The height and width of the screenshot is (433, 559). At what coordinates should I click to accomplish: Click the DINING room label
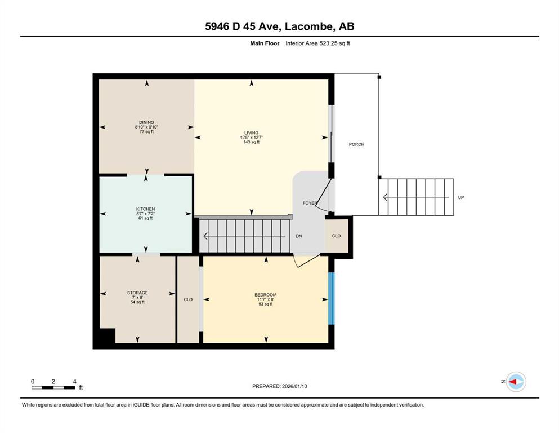[146, 122]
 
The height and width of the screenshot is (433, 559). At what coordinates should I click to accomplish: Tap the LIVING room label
[251, 133]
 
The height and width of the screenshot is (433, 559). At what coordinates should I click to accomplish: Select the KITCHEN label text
[145, 209]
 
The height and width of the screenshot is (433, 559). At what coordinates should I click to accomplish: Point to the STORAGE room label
[137, 293]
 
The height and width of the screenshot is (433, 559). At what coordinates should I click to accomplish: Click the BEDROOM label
[266, 295]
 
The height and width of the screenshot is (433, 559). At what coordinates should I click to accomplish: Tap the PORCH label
[356, 144]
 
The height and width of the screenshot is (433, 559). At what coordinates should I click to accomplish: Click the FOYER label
[310, 203]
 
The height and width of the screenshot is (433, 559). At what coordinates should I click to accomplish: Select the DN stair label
[299, 236]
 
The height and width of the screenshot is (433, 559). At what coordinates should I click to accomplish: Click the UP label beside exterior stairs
[461, 197]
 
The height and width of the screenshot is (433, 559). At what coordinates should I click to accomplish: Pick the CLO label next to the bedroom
[188, 299]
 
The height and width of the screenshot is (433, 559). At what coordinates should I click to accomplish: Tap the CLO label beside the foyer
[336, 236]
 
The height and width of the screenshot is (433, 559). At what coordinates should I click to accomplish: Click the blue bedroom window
[331, 298]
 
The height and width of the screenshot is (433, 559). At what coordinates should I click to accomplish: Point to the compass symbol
[516, 382]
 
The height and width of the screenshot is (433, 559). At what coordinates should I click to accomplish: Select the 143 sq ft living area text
[251, 142]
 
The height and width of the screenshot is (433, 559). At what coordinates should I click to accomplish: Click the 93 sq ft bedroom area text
[266, 304]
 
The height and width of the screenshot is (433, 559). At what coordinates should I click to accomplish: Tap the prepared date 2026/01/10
[294, 386]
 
